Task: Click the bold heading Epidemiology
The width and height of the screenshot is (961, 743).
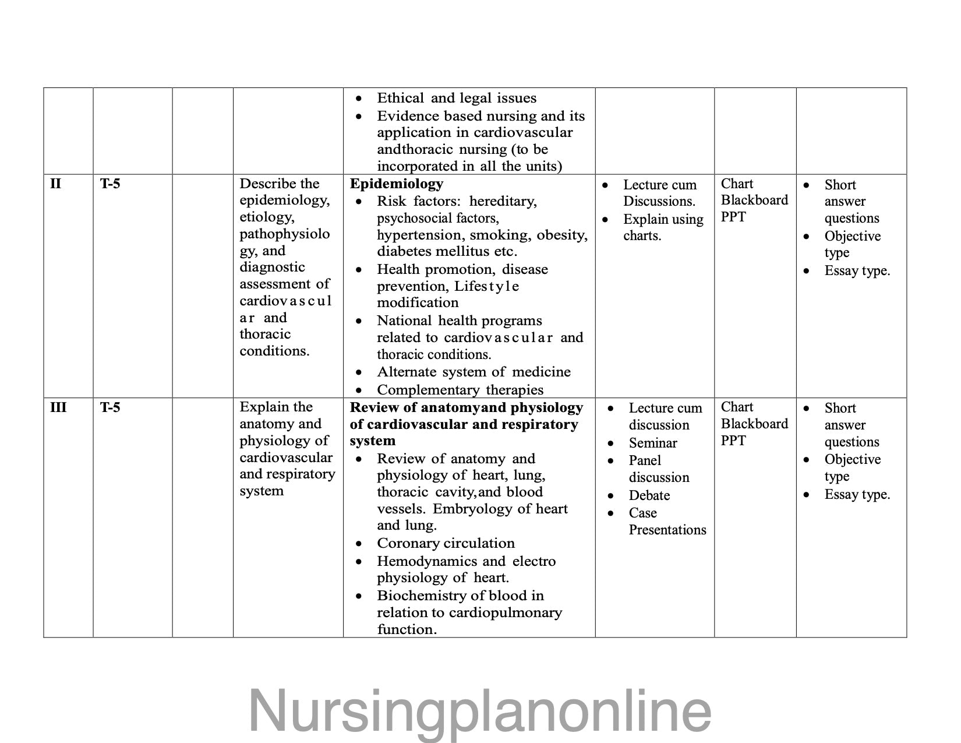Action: coord(396,184)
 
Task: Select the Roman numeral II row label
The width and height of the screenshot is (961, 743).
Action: coord(55,184)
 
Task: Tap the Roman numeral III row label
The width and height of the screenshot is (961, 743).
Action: coord(58,407)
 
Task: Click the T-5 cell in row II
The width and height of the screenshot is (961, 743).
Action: coord(109,184)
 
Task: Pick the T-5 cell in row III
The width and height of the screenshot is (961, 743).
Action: coord(109,407)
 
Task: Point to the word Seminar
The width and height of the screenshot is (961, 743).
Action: coord(652,443)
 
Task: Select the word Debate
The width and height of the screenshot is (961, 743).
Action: coord(649,495)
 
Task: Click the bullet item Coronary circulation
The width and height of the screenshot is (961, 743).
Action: coord(446,543)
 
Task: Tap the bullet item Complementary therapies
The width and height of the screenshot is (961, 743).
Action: coord(460,390)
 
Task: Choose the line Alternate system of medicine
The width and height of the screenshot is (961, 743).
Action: coord(474,372)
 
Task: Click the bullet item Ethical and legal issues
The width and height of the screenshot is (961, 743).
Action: coord(456,98)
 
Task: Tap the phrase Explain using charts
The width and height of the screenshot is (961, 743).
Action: coord(663,227)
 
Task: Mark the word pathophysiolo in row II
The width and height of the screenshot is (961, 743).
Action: coord(284,234)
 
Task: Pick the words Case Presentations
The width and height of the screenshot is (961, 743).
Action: coord(667,522)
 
